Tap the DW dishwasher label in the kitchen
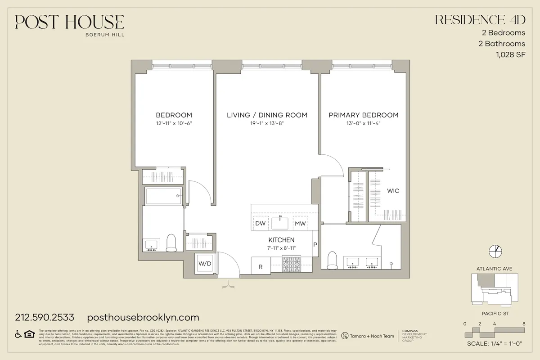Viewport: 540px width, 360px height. coord(260,223)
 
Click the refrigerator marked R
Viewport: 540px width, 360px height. coord(261,266)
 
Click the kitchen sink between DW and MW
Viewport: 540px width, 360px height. coord(281,223)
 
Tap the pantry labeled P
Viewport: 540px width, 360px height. coord(315,245)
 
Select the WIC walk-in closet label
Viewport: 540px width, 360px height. coord(393,191)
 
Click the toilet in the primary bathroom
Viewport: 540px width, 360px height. coord(333,259)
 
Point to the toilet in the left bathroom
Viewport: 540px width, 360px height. coord(171,243)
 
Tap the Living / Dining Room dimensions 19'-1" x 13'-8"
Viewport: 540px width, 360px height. coord(267,124)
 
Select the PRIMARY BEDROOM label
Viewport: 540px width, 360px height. coord(363,115)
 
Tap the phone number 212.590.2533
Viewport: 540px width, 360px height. coord(45,317)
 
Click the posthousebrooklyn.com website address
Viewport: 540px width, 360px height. coord(142,317)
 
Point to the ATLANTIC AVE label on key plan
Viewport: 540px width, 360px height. coord(494,269)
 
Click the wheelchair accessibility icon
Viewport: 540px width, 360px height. coord(19,334)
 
